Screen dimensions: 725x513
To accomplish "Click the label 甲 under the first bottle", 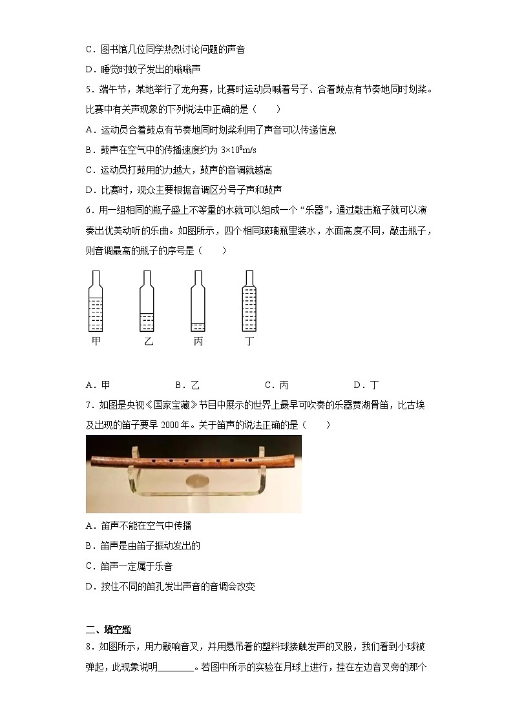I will [x=96, y=341].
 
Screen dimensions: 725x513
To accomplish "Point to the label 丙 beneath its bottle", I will [x=198, y=341].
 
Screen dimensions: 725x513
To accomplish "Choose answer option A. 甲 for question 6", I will [x=98, y=385].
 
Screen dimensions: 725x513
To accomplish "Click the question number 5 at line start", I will [x=89, y=90].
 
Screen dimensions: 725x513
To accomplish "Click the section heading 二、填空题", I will [x=108, y=630].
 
